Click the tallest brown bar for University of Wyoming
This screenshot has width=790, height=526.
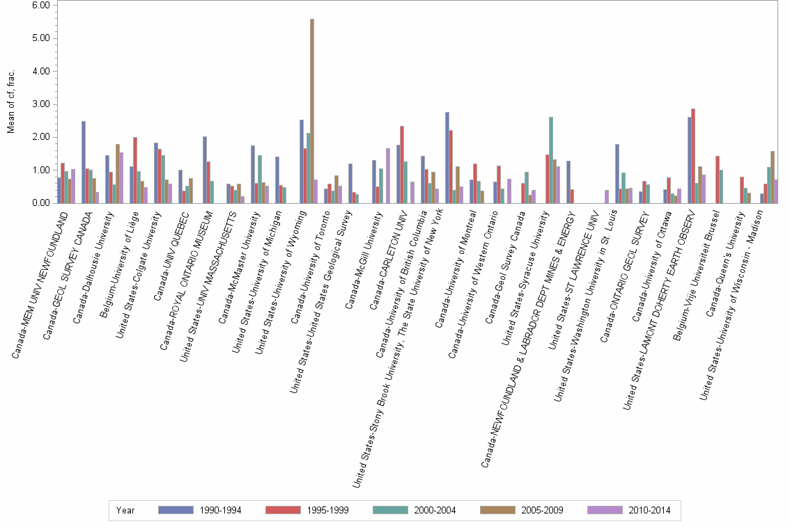tap(311, 111)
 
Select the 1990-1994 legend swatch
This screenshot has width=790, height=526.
tap(176, 510)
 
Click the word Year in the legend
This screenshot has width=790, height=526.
tap(126, 510)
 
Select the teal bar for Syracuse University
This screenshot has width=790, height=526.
tap(551, 160)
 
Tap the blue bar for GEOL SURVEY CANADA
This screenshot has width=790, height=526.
tap(84, 162)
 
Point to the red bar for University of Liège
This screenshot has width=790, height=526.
tap(135, 170)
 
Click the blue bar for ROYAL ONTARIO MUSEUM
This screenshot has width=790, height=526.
tap(205, 170)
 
